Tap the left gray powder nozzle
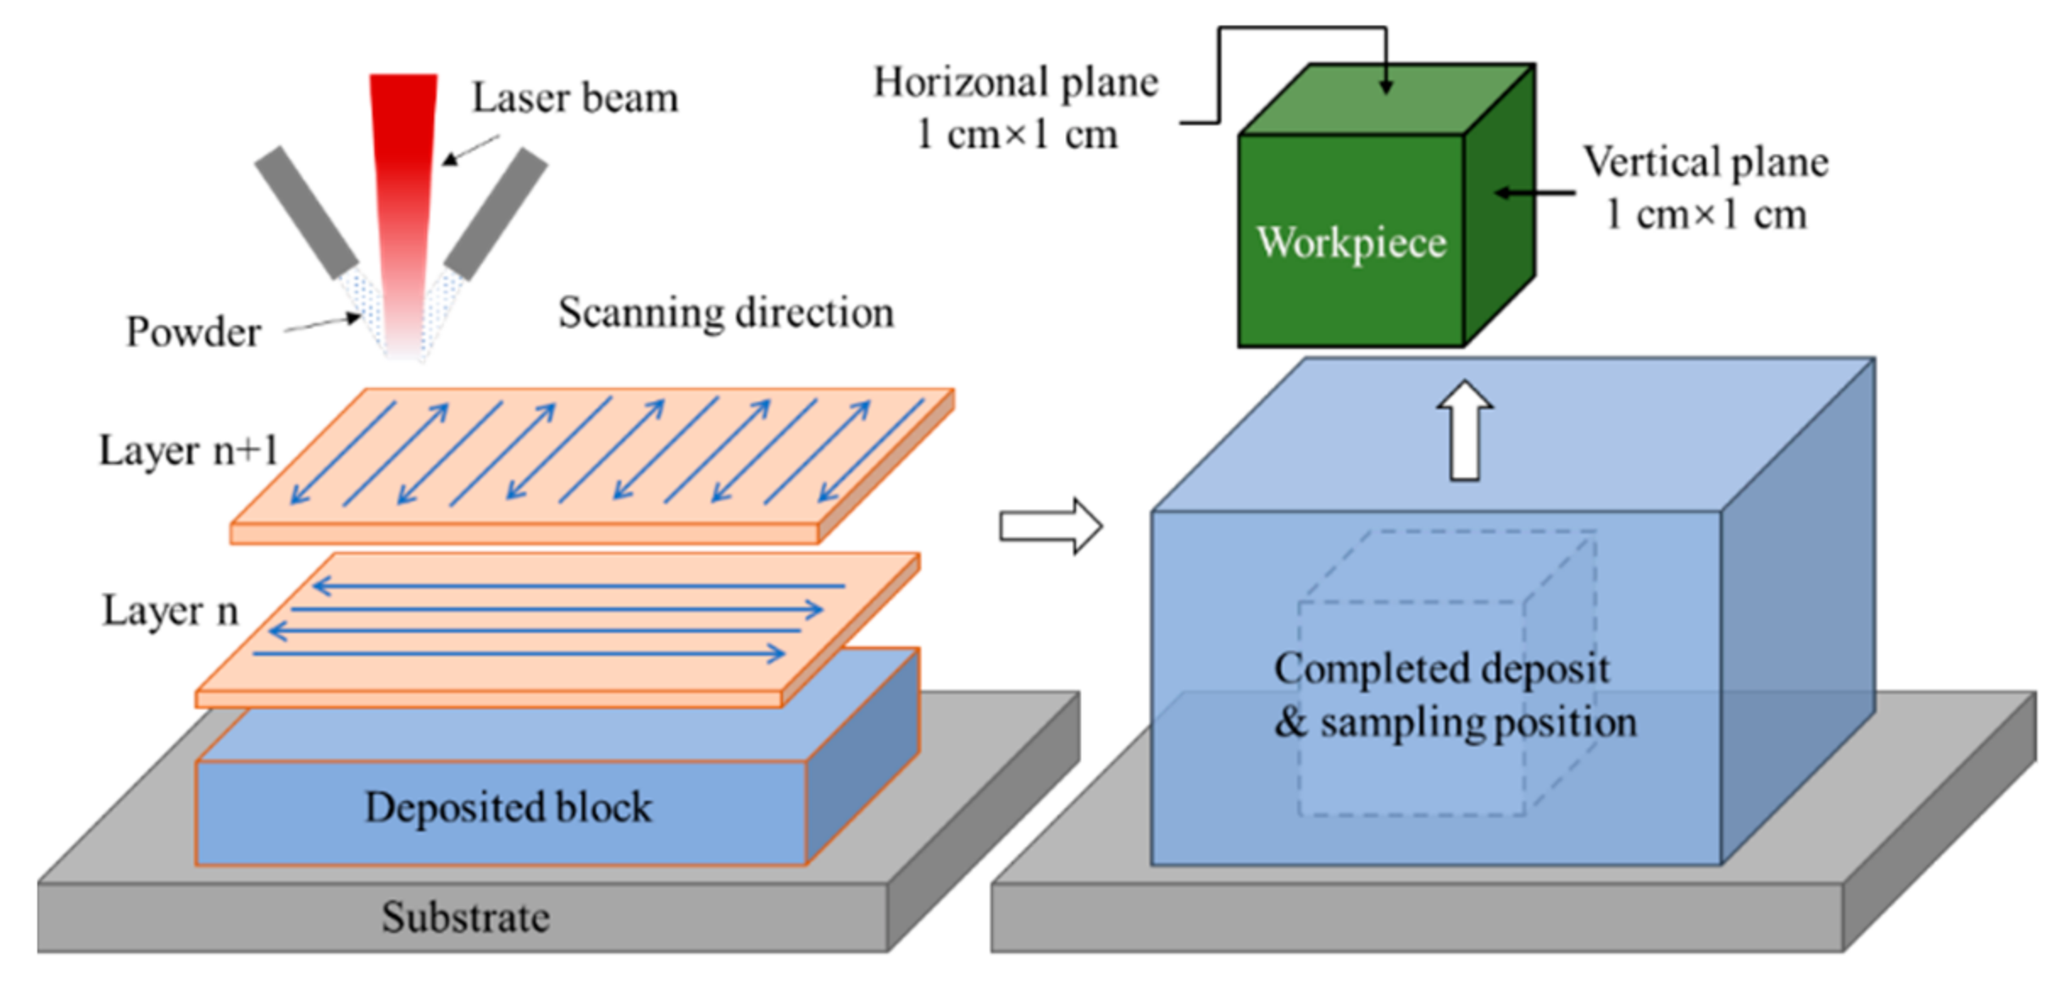tap(307, 212)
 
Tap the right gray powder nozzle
tap(496, 213)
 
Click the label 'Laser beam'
tap(574, 97)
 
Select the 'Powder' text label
tap(193, 332)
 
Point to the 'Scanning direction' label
tap(725, 312)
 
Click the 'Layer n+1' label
tap(188, 450)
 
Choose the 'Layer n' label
tap(170, 610)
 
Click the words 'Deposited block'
tap(508, 807)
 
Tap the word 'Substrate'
tap(465, 917)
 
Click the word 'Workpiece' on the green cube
tap(1351, 242)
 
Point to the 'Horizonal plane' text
tap(1015, 83)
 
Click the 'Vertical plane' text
tap(1706, 162)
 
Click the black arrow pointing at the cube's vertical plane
tap(1534, 193)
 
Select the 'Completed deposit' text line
tap(1441, 668)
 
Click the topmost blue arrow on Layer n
tap(578, 585)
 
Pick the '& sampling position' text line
tap(1455, 722)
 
